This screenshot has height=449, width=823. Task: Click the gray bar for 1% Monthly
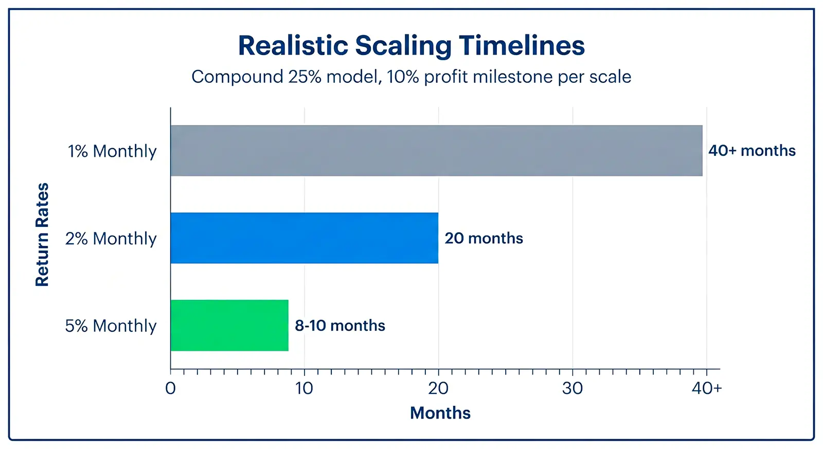436,151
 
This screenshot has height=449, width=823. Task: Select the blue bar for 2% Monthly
304,238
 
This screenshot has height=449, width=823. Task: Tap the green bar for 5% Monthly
229,326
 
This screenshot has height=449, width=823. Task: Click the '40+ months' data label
752,151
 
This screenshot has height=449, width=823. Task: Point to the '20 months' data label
484,238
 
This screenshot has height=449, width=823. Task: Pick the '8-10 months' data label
339,326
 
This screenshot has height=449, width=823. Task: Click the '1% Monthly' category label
112,151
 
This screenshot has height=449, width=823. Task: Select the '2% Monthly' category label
111,239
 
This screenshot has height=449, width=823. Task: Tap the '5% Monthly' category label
111,326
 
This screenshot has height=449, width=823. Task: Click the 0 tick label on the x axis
170,388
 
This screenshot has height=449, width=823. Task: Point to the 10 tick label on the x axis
304,388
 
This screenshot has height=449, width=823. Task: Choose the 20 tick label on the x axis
438,388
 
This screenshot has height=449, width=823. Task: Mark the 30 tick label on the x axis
572,388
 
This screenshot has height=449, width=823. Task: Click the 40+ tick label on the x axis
706,388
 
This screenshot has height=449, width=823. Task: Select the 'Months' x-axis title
440,413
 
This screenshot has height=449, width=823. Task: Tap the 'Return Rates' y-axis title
42,235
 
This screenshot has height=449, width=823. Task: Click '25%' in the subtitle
305,77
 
